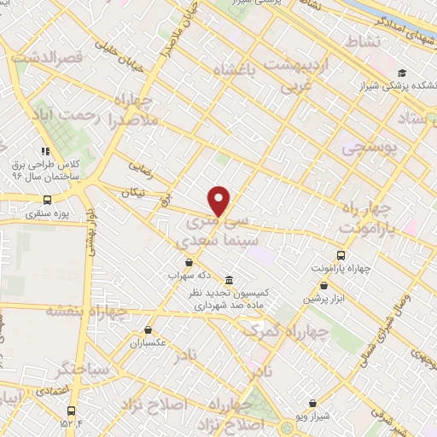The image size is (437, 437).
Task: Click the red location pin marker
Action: point(220,201)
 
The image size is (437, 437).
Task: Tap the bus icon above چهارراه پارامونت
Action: point(341,254)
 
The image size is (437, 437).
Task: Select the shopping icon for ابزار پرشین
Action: point(323,286)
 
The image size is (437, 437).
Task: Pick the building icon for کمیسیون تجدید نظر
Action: point(229,279)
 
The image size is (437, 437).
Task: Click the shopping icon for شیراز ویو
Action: point(312,403)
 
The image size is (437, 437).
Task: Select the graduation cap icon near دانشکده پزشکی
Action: point(401,74)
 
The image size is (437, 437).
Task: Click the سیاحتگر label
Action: point(82,370)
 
